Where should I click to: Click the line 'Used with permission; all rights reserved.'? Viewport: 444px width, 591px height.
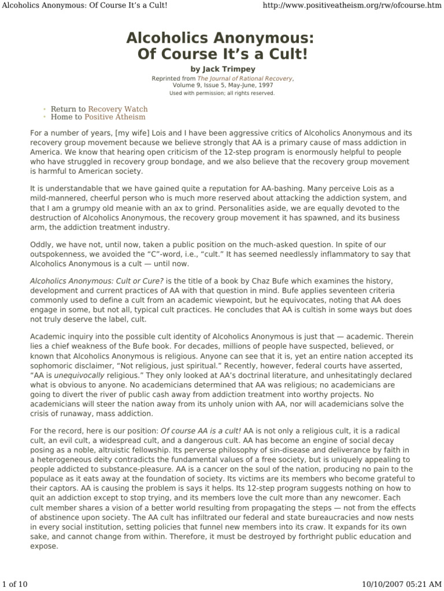(x=221, y=92)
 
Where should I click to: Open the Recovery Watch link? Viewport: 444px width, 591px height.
(x=117, y=109)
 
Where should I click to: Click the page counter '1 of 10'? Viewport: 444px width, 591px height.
(x=16, y=585)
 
